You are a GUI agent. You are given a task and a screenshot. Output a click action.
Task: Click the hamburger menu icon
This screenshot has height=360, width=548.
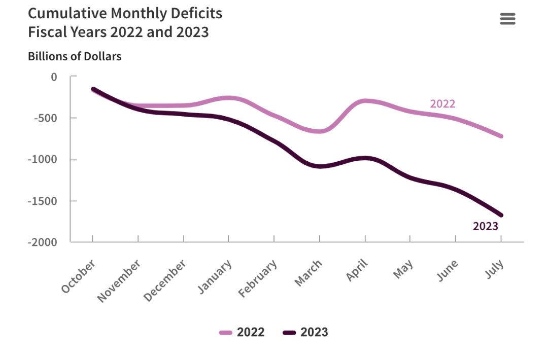click(x=507, y=19)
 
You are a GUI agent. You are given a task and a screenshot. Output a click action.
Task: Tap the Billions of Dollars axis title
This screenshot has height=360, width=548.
click(x=75, y=56)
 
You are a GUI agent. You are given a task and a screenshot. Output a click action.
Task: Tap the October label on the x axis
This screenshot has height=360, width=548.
click(x=79, y=276)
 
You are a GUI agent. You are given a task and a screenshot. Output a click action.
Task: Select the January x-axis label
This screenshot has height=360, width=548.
click(x=215, y=277)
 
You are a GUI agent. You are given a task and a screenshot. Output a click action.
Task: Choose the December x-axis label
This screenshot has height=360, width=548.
click(x=165, y=280)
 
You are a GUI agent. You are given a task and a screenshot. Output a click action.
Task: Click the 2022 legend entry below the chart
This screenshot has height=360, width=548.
click(x=242, y=333)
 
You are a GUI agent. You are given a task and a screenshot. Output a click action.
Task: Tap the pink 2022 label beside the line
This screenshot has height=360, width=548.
click(x=442, y=104)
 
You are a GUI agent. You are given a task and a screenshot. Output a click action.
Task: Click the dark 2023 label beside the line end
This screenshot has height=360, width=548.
click(x=486, y=226)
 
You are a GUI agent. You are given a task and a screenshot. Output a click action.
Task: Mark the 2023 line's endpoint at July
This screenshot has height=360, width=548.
click(x=501, y=215)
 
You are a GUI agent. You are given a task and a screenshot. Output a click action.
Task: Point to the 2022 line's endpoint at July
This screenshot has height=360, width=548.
click(x=501, y=136)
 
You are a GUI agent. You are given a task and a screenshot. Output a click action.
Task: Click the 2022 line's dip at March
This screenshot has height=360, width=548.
click(x=320, y=131)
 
